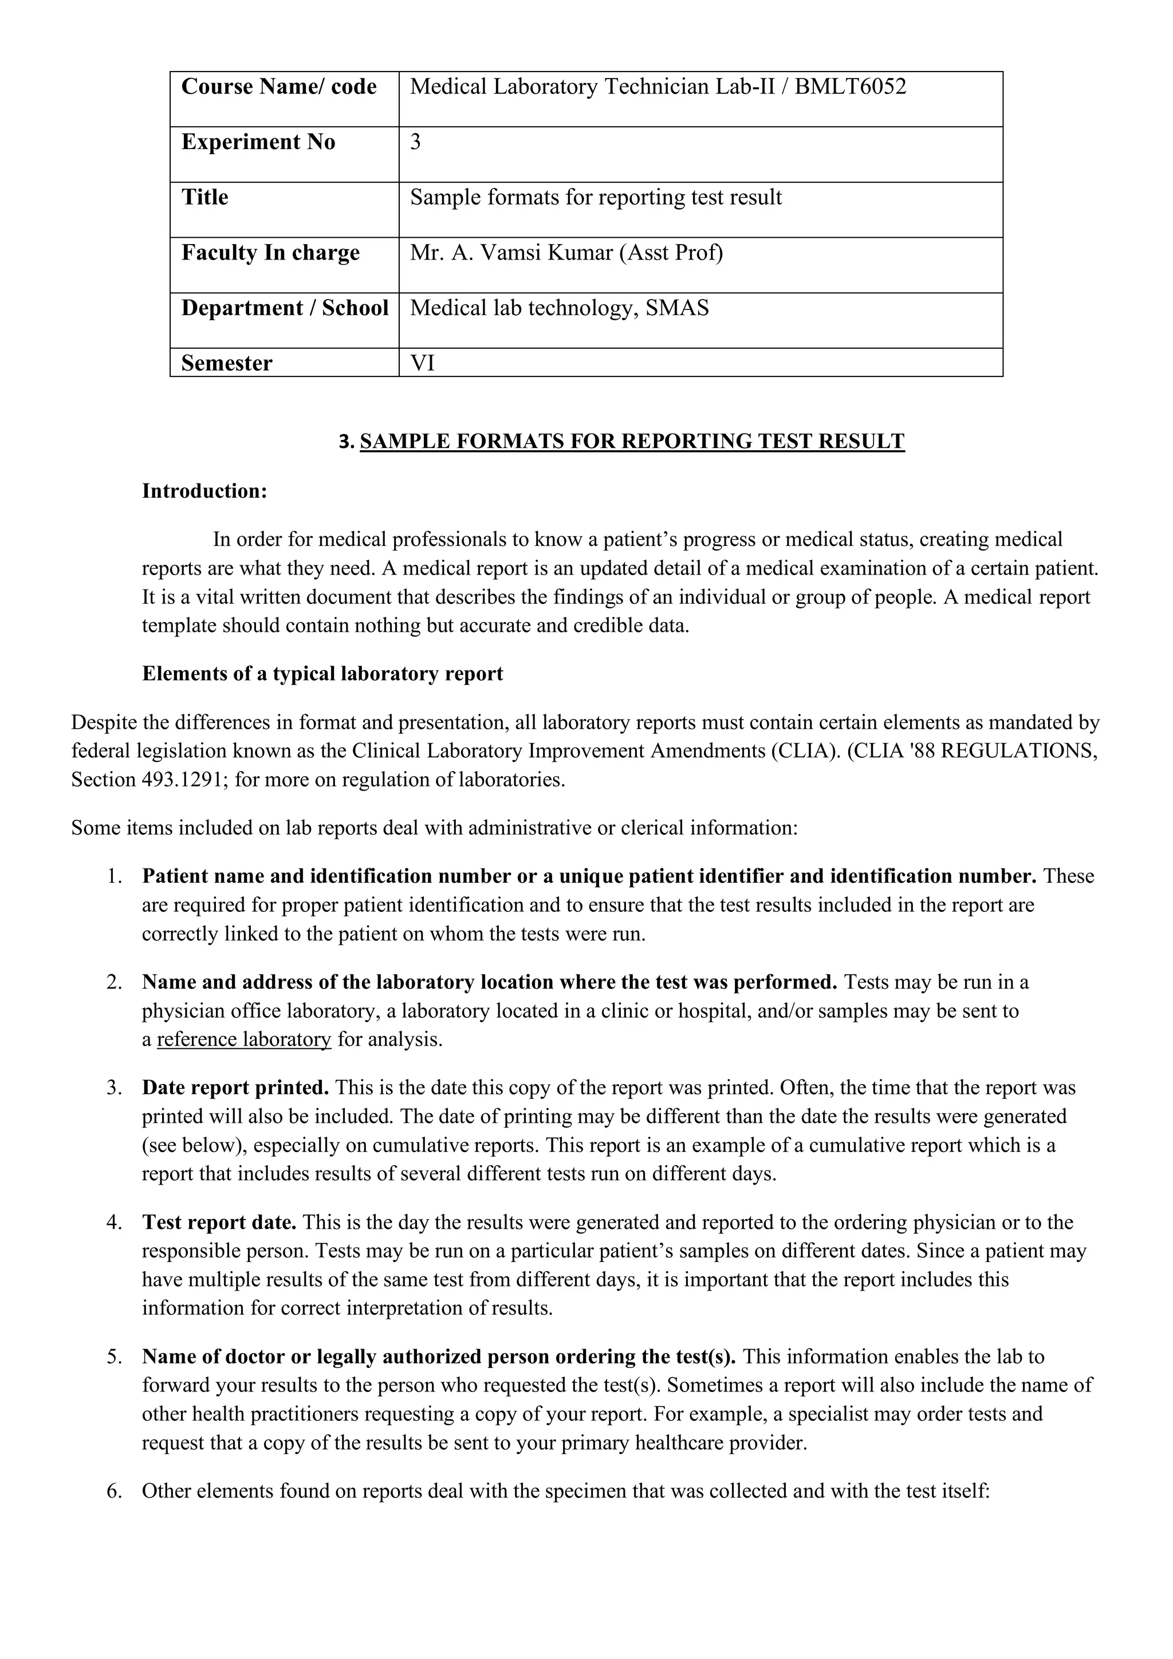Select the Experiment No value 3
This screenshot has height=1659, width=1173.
tap(415, 142)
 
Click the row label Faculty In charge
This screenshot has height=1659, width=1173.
tap(270, 253)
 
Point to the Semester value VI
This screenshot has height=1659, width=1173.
tap(423, 363)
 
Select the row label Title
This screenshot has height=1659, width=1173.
tap(204, 197)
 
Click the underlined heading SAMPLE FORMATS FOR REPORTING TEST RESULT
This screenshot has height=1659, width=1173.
tap(631, 442)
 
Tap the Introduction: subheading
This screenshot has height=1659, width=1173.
tap(204, 492)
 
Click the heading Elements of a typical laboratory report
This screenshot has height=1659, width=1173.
tap(322, 674)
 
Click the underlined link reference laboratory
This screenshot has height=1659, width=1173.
tap(243, 1040)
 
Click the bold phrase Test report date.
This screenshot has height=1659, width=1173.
tap(219, 1222)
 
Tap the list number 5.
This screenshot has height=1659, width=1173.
tap(114, 1357)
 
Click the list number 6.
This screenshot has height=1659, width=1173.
tap(114, 1491)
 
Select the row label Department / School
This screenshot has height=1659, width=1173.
tap(285, 309)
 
